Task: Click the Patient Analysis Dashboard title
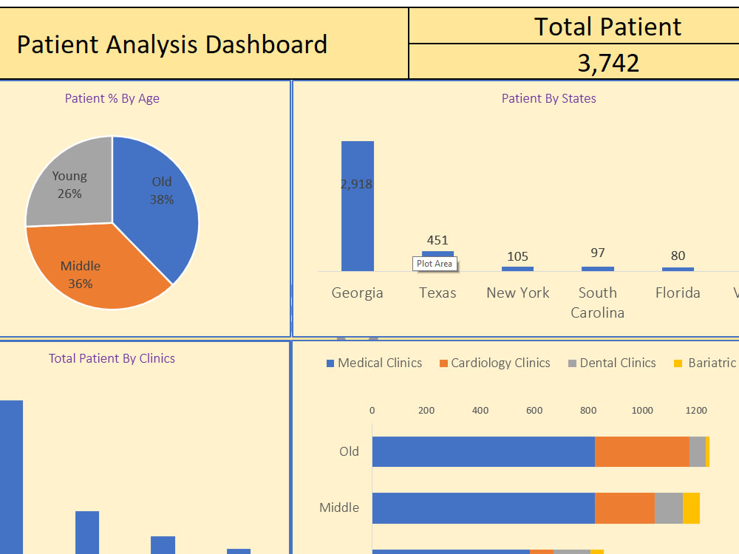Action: tap(171, 44)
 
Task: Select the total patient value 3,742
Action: tap(608, 63)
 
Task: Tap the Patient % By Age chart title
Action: tap(112, 98)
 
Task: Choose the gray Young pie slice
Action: tap(67, 185)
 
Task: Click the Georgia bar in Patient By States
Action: tap(358, 222)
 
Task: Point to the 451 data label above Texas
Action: tap(437, 240)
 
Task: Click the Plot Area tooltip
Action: tap(435, 264)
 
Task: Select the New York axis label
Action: tap(518, 293)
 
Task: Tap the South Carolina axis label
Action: tap(598, 302)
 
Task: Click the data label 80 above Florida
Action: tap(678, 256)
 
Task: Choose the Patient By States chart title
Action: tap(548, 98)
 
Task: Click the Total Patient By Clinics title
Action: tap(112, 358)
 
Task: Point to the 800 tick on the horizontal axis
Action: tap(589, 411)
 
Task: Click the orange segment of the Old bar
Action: tap(641, 451)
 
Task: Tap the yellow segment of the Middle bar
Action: tap(691, 508)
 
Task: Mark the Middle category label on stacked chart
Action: tap(339, 507)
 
